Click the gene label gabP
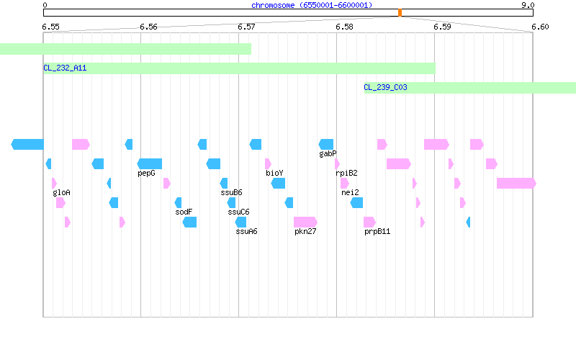tap(328, 153)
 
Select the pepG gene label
tap(146, 173)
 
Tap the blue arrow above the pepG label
tap(150, 164)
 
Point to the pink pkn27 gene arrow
tap(305, 222)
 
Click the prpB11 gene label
tap(377, 231)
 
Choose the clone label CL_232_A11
tap(65, 68)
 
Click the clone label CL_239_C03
tap(385, 87)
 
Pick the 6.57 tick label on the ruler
tap(246, 27)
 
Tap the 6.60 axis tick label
tap(540, 27)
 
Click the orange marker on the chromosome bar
tap(400, 13)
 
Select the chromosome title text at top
tap(312, 5)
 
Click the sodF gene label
tap(184, 212)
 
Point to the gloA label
tap(61, 192)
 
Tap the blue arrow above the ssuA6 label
tap(240, 222)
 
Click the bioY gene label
tap(274, 173)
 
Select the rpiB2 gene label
tap(346, 173)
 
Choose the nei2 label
tap(350, 192)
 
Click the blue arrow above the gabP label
tap(326, 145)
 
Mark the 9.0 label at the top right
tap(528, 5)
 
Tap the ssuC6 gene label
tap(238, 212)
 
